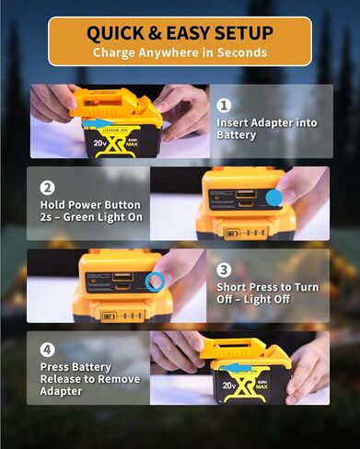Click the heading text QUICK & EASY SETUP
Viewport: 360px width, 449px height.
[x=180, y=33]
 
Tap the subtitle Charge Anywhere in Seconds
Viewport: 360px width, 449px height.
[x=180, y=52]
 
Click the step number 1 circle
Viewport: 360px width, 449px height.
[x=224, y=105]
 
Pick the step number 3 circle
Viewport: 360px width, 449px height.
[x=224, y=270]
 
